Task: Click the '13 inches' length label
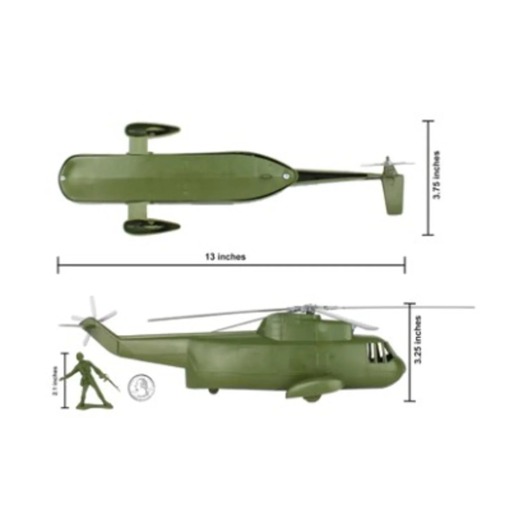225,257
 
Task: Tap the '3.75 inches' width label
437,175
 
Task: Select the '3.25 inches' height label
418,340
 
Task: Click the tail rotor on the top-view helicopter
387,164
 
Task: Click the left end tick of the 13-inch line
58,265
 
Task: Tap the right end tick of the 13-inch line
405,265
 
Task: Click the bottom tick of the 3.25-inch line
409,401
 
